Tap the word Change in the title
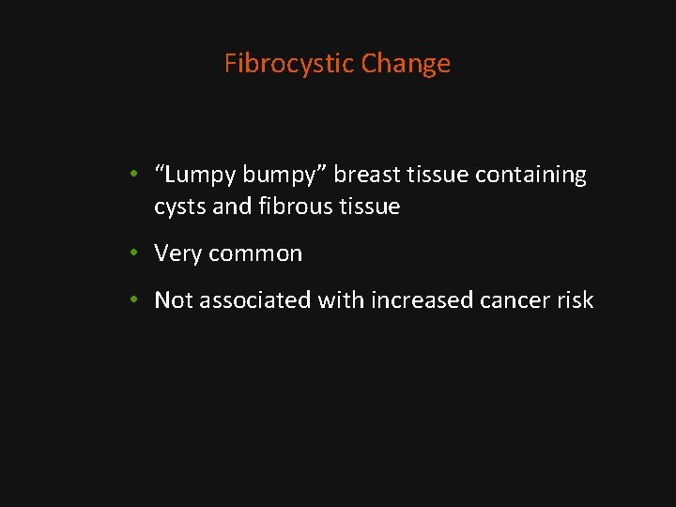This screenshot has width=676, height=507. point(406,64)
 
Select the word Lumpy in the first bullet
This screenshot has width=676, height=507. point(201,176)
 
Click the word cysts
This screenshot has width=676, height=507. point(180,207)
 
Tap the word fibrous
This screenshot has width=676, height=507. point(290,207)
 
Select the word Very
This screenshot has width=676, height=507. point(178,253)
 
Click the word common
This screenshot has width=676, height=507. point(255,253)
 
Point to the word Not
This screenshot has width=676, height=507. point(173,300)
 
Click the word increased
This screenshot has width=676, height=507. point(418,300)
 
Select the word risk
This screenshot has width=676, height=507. point(576,300)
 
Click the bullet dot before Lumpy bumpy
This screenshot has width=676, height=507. point(136,176)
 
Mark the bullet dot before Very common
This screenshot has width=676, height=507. point(136,253)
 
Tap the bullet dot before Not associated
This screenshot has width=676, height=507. point(136,300)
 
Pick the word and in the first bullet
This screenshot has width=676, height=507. point(232,207)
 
